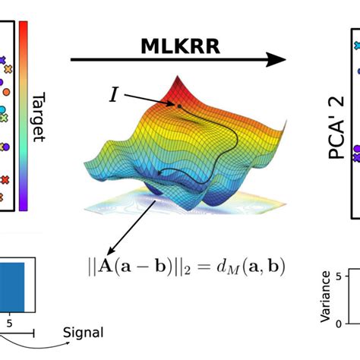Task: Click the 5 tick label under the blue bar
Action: (x=10, y=321)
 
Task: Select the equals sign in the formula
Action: (x=207, y=267)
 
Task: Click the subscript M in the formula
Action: (x=232, y=270)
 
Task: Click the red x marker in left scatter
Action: (x=4, y=180)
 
